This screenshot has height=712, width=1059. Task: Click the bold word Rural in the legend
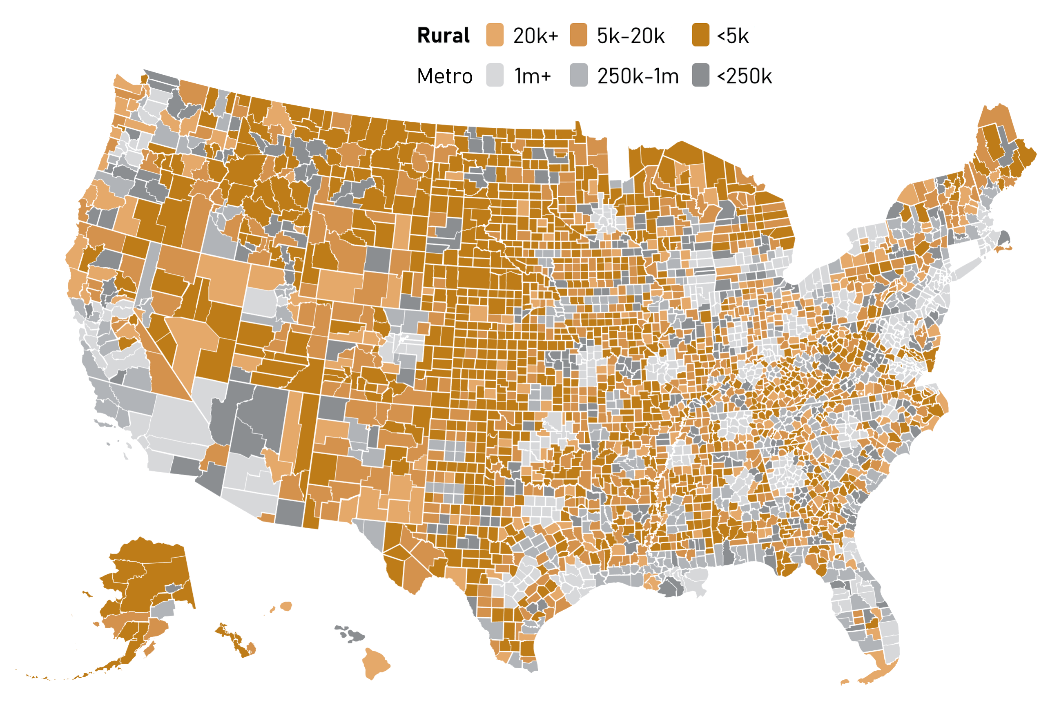[443, 36]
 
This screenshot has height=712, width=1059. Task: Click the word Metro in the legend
[444, 76]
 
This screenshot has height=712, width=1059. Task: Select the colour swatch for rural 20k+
[495, 35]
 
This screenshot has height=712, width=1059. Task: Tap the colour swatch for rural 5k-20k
[578, 35]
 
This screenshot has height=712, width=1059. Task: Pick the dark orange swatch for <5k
[700, 35]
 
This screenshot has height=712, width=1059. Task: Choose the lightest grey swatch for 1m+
[495, 76]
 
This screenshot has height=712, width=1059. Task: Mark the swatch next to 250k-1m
[578, 76]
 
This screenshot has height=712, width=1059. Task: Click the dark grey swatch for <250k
[700, 76]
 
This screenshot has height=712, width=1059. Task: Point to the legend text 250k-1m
[638, 76]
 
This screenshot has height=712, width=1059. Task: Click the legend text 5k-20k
[631, 36]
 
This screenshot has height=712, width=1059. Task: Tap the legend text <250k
[744, 76]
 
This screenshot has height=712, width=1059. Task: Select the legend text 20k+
[536, 36]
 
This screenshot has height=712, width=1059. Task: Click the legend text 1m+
[533, 76]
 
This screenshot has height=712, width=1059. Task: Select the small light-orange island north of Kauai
[286, 606]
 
